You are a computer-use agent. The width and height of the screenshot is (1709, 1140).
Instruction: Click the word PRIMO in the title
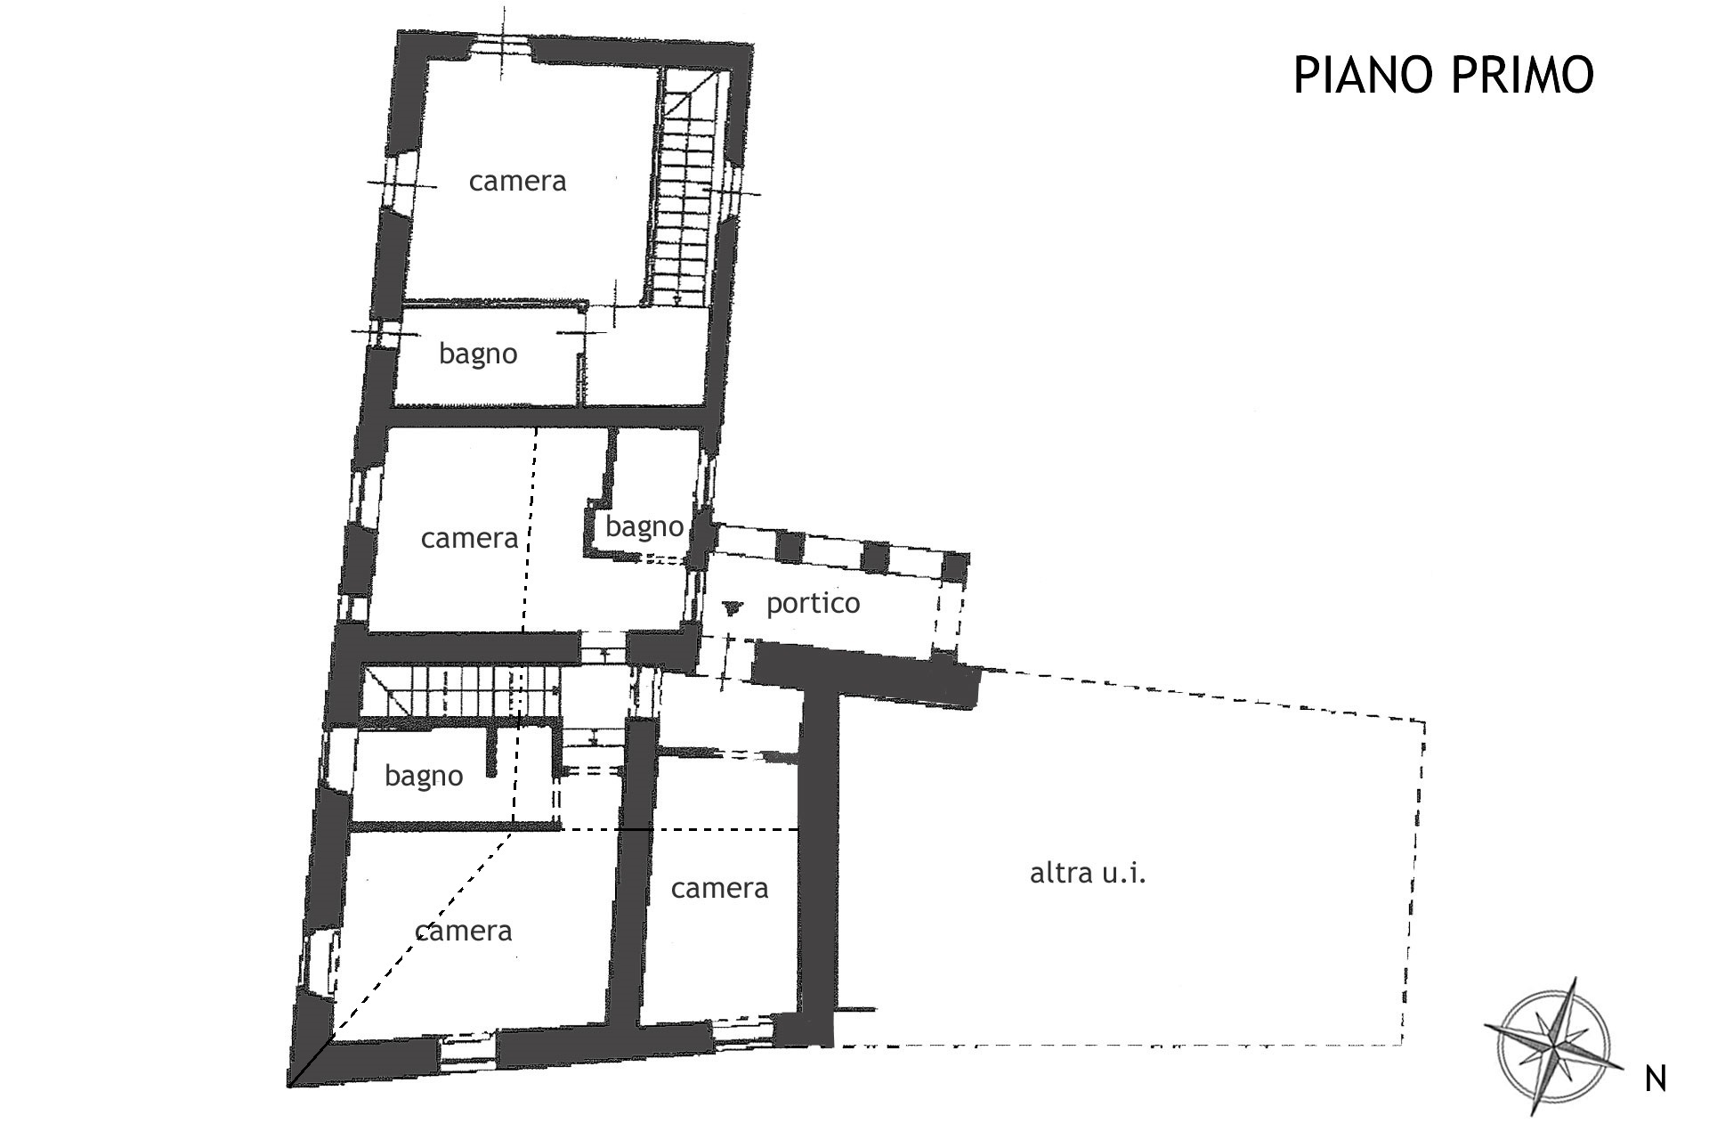[1522, 75]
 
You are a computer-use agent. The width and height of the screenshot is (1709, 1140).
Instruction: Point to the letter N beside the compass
[1656, 1079]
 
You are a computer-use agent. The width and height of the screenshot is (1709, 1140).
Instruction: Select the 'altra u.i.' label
[1088, 873]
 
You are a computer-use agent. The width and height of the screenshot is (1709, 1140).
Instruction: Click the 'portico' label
[813, 604]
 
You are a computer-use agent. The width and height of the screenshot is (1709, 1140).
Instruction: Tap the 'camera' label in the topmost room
[517, 182]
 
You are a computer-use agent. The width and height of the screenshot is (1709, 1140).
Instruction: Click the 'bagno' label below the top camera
[478, 354]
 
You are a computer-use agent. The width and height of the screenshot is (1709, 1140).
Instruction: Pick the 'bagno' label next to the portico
[644, 527]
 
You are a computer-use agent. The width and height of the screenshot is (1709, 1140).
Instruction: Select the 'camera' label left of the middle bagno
[469, 539]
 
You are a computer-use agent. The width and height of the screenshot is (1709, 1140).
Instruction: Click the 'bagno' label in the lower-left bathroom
[424, 777]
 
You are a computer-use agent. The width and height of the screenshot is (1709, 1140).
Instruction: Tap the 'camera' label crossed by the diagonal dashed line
[463, 932]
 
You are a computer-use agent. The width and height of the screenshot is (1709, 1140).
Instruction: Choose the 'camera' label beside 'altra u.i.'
[719, 889]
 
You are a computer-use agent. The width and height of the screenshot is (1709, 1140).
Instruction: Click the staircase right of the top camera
[682, 189]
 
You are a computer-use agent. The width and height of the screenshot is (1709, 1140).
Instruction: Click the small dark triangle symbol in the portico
[733, 607]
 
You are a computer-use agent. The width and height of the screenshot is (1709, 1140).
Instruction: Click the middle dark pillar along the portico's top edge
[876, 557]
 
